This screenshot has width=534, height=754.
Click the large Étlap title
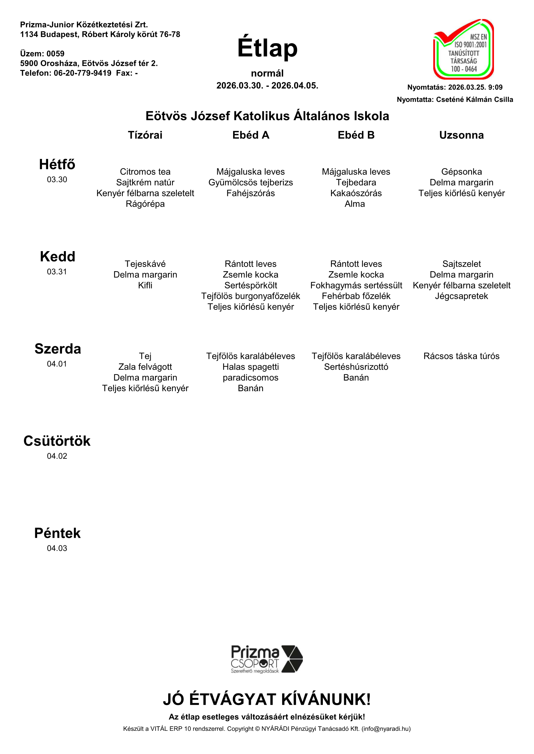click(x=267, y=48)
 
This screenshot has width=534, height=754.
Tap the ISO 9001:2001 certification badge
click(x=464, y=49)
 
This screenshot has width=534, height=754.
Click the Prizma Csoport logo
click(x=267, y=659)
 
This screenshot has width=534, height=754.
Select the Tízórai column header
click(x=145, y=135)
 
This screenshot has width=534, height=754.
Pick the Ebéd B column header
click(x=356, y=135)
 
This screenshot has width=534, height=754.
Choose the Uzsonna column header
click(x=461, y=135)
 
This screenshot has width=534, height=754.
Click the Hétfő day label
click(x=57, y=164)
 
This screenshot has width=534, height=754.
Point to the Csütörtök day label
click(x=57, y=441)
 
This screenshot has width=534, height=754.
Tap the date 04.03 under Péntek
click(x=57, y=548)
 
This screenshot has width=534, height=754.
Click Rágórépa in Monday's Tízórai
click(x=145, y=204)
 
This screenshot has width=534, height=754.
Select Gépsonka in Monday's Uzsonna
click(x=461, y=172)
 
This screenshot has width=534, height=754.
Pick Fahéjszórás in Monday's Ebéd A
click(x=251, y=193)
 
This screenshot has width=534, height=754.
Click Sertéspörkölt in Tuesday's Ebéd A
click(x=251, y=285)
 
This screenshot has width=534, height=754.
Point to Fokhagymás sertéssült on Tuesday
click(x=356, y=285)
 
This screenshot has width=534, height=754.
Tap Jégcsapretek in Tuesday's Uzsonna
click(x=461, y=296)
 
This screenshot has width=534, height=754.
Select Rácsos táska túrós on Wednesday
click(x=461, y=356)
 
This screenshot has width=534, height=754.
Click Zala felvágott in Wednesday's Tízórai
click(x=145, y=367)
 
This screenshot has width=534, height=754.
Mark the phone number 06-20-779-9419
click(x=83, y=73)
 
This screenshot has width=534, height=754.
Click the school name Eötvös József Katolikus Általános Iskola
click(x=267, y=116)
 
